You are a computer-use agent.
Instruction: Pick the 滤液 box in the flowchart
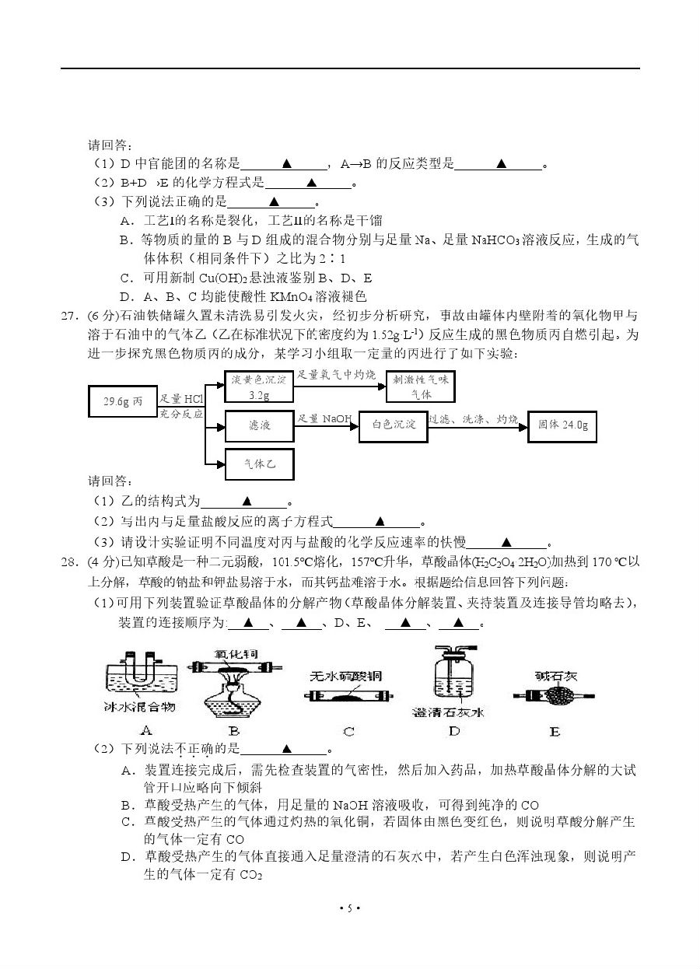tap(259, 425)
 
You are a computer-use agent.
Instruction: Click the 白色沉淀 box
tap(393, 425)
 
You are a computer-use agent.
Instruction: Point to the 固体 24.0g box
tap(562, 425)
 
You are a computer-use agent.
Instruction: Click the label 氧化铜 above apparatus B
tap(233, 656)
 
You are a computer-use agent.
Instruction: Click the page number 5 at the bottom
tap(349, 908)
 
